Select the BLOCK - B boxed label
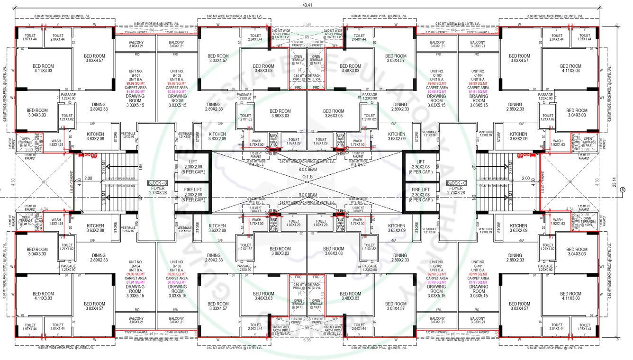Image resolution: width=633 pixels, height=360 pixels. pos(157,183)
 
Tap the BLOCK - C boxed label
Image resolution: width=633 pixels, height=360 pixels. pos(457,183)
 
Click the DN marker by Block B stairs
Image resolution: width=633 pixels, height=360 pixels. pos(140,168)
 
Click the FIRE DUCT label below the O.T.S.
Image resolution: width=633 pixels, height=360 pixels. pos(273,223)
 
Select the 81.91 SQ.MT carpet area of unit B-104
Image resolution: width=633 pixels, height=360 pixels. pos(136,282)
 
